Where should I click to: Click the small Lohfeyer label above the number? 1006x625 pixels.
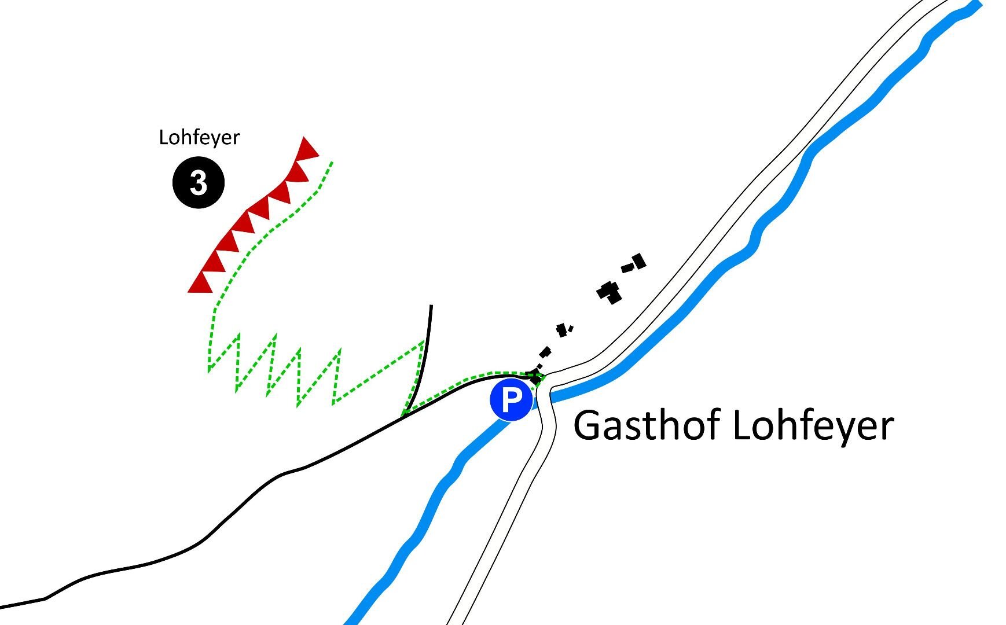(x=199, y=138)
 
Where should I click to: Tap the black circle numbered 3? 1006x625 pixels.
(x=199, y=183)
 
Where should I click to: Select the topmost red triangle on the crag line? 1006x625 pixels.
(x=307, y=149)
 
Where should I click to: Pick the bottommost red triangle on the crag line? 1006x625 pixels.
(x=200, y=284)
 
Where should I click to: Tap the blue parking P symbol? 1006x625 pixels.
(x=511, y=400)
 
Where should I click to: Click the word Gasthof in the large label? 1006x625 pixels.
(x=648, y=425)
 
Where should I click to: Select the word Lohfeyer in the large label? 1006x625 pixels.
(x=813, y=427)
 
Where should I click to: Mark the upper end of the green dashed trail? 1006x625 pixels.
(x=332, y=162)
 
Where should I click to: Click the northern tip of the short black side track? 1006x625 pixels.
(x=431, y=306)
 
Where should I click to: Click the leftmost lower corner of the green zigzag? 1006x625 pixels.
(x=210, y=369)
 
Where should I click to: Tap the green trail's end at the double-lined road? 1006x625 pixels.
(x=543, y=377)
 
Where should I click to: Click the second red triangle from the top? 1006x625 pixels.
(x=297, y=172)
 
